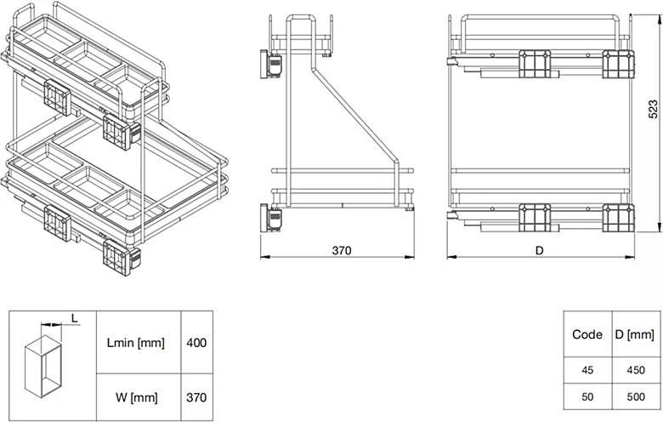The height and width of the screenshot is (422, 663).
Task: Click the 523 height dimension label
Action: (653, 109)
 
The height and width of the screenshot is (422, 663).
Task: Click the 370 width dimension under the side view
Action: (341, 251)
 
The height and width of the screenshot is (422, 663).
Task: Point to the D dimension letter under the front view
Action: (539, 251)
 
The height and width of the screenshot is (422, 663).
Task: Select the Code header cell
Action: (587, 334)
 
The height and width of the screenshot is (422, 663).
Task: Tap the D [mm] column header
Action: (635, 334)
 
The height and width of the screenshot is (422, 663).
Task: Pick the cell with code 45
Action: (587, 370)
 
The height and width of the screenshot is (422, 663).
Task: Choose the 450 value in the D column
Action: (636, 370)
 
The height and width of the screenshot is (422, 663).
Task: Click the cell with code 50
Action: (587, 396)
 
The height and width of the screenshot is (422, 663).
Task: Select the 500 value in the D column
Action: (636, 396)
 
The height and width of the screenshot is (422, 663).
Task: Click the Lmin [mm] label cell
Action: (136, 342)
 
